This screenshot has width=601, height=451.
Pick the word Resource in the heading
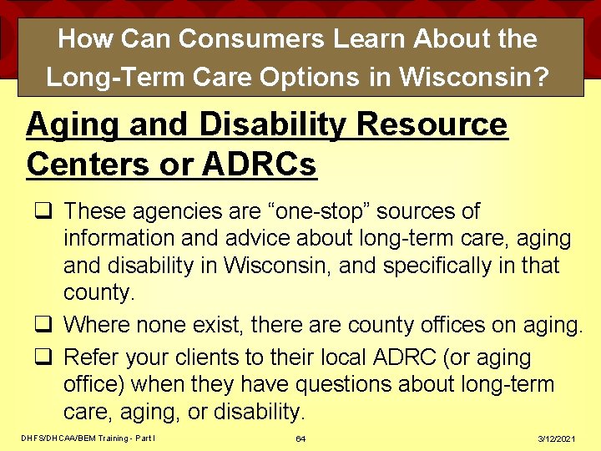432,125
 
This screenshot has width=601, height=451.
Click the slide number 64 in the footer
300,439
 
